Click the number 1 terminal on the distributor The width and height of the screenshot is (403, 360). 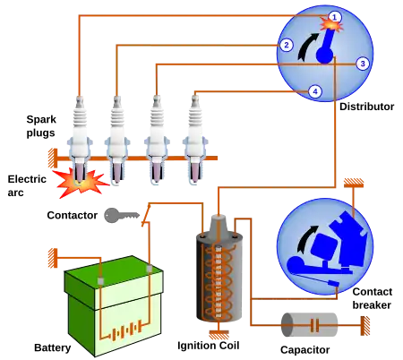click(334, 16)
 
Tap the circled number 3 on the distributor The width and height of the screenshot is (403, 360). click(362, 64)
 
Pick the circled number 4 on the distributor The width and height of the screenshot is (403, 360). click(313, 91)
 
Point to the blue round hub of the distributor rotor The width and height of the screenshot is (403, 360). click(323, 56)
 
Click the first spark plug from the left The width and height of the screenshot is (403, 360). click(80, 134)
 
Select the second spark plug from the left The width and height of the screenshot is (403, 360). click(116, 134)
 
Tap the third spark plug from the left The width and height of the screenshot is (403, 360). click(156, 134)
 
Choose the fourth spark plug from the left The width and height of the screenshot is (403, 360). click(194, 134)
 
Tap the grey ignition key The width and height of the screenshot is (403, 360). click(123, 215)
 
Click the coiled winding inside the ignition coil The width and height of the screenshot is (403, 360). click(215, 282)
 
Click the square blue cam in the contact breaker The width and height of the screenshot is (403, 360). click(326, 242)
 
